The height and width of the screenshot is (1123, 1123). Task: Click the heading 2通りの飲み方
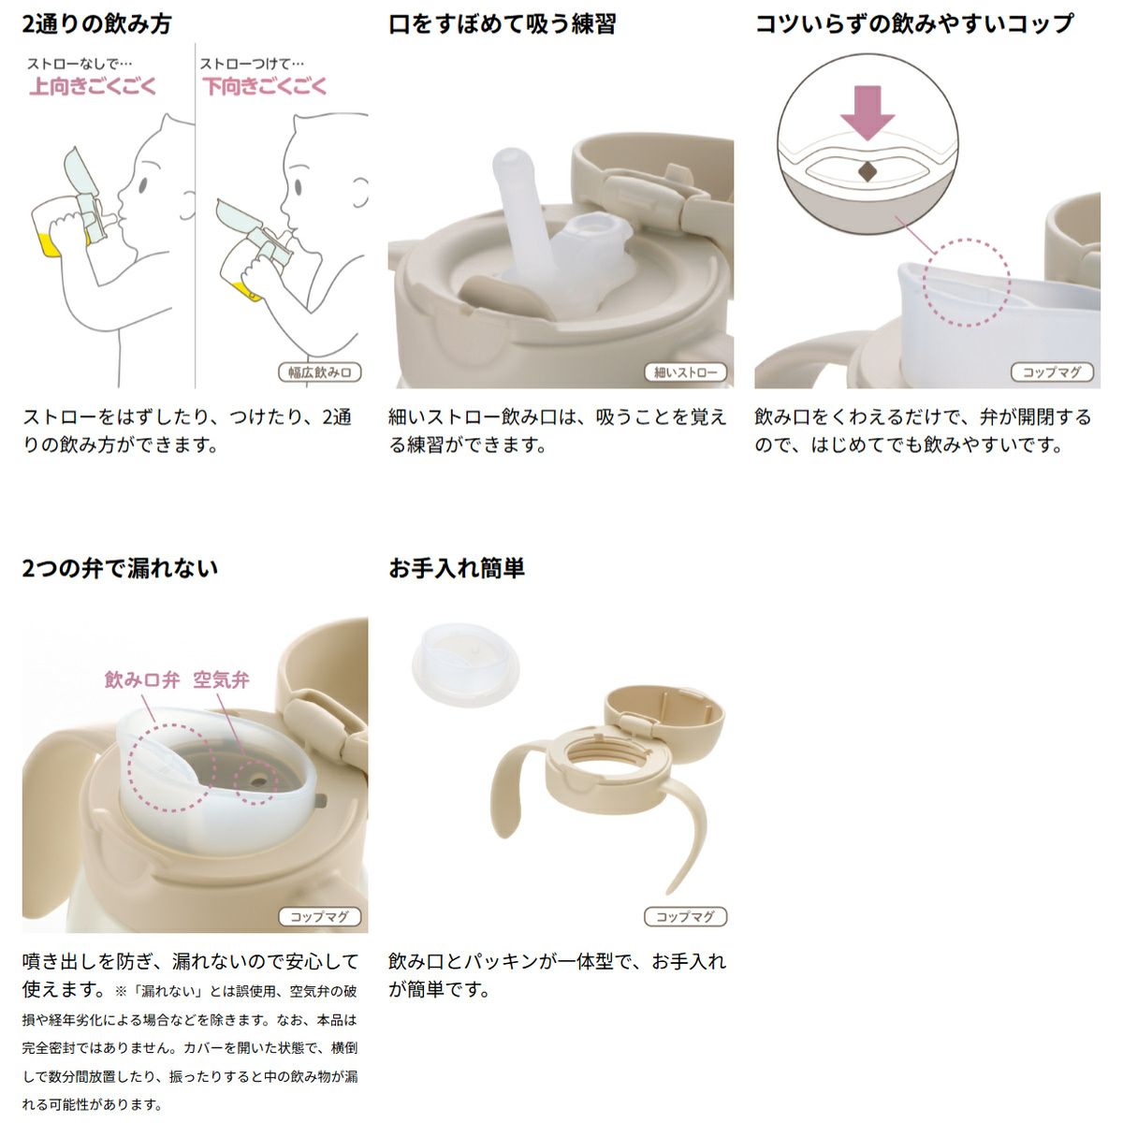(96, 24)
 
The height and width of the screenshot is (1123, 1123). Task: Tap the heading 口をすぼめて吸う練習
(503, 24)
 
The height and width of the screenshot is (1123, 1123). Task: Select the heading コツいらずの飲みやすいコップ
(914, 24)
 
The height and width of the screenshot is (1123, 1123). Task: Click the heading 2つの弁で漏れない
(120, 568)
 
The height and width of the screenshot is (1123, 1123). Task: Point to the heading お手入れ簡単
(457, 568)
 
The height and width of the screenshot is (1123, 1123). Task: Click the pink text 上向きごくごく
(94, 87)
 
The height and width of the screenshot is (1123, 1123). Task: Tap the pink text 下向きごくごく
(265, 87)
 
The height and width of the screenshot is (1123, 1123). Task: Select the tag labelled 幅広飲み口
(320, 372)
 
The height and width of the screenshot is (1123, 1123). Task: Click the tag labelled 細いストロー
(686, 372)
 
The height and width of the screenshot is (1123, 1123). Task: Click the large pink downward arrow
(868, 112)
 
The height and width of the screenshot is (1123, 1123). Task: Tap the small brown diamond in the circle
(868, 170)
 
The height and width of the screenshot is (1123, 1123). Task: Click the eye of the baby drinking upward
(143, 186)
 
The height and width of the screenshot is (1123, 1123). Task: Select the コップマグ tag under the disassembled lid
(686, 917)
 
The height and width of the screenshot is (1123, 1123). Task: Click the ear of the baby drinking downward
(361, 194)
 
